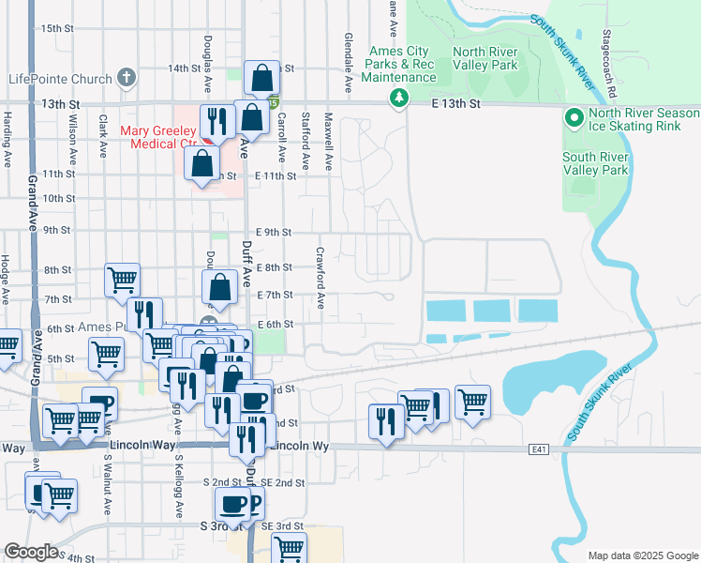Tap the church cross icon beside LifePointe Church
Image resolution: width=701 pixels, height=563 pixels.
click(x=128, y=79)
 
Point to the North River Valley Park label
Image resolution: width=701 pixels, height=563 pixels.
click(x=485, y=59)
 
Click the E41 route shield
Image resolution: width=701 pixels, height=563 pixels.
click(x=537, y=450)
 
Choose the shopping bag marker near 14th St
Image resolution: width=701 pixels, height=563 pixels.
click(x=262, y=79)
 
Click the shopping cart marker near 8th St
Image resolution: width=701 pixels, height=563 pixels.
click(x=122, y=279)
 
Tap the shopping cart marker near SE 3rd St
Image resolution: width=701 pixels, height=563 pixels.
click(x=290, y=552)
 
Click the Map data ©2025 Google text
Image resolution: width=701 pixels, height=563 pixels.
click(x=642, y=555)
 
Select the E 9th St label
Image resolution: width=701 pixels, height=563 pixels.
click(x=274, y=232)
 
